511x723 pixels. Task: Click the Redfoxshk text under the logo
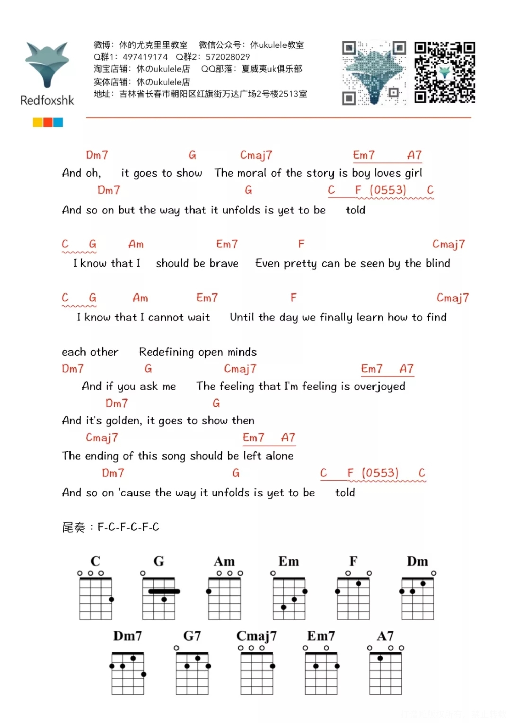47,100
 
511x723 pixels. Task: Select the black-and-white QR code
445,72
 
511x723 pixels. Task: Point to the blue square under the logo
58,122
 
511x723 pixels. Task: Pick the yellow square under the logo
37,122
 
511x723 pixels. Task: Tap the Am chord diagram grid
224,599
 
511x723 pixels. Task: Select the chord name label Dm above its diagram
417,561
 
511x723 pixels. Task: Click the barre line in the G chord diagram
164,591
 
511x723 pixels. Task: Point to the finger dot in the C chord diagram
111,599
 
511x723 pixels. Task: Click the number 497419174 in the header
145,57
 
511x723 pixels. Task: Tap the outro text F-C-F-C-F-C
128,527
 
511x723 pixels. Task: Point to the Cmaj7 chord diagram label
257,636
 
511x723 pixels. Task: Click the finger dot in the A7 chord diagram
380,658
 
